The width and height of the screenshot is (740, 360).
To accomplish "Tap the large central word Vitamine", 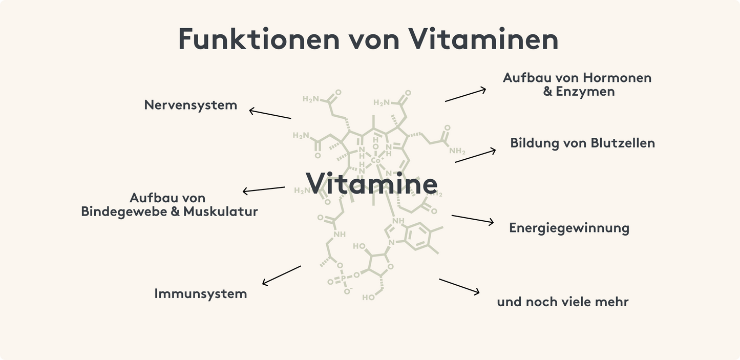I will pos(372,183).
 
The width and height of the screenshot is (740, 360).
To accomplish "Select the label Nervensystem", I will pos(191,105).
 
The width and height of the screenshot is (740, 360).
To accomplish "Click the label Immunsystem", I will pos(200,294).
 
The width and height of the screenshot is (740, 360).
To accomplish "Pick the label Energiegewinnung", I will pos(569,228).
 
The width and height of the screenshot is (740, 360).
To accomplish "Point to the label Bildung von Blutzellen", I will pos(582,143).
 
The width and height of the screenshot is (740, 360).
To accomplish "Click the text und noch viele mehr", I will pos(562,302).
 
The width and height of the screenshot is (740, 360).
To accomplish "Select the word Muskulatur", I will pos(221,211).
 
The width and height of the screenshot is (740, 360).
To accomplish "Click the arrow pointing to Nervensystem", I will pos(270,114).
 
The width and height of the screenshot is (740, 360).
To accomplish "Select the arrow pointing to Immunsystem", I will pos(281,276).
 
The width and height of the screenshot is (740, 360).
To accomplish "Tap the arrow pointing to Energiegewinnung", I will pos(472,219).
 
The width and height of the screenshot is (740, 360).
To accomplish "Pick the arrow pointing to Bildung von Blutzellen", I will pos(475,156).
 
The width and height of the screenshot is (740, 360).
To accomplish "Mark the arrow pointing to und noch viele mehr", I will pos(459,286).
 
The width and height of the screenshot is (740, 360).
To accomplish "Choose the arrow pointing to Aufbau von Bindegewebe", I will pos(263,189).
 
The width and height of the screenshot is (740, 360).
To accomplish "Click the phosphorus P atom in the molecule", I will pos(343,279).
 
